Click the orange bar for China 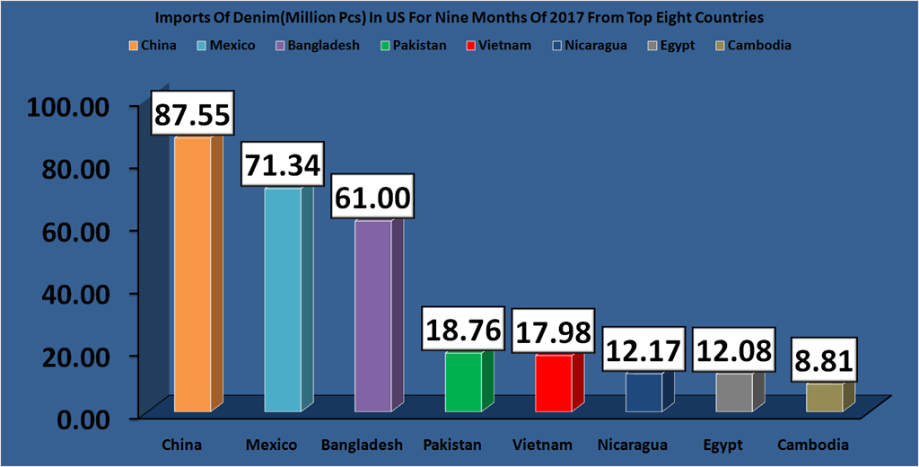click(x=192, y=274)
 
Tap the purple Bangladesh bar click(x=372, y=315)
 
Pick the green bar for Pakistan click(x=463, y=382)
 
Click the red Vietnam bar click(x=554, y=383)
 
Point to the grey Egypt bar click(x=734, y=392)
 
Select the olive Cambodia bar click(x=824, y=398)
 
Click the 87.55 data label click(x=193, y=115)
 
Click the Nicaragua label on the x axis click(x=633, y=445)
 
